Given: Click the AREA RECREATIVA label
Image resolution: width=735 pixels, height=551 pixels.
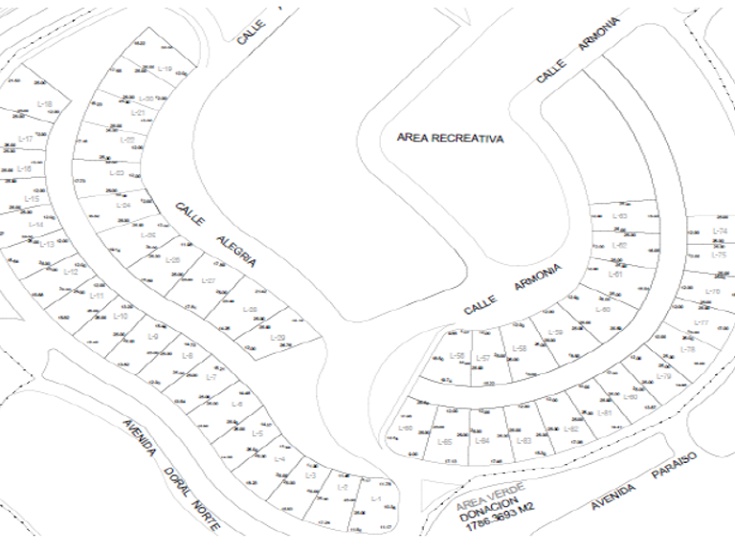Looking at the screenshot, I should coord(450,138).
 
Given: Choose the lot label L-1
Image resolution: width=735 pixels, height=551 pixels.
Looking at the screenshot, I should coord(375,499).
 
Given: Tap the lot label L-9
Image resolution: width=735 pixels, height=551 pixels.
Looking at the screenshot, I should coord(153,336).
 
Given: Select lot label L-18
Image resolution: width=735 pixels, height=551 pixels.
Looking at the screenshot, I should coord(44,103).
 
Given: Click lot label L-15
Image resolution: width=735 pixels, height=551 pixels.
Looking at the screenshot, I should coord(32,199).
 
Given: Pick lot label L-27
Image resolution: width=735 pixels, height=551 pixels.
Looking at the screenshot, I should coord(210,281).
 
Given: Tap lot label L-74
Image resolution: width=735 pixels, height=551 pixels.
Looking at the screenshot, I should coord(720,231).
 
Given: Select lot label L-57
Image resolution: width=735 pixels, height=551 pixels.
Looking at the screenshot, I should coord(484,358).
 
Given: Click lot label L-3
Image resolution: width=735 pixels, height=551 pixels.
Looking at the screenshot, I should coord(310,476).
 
